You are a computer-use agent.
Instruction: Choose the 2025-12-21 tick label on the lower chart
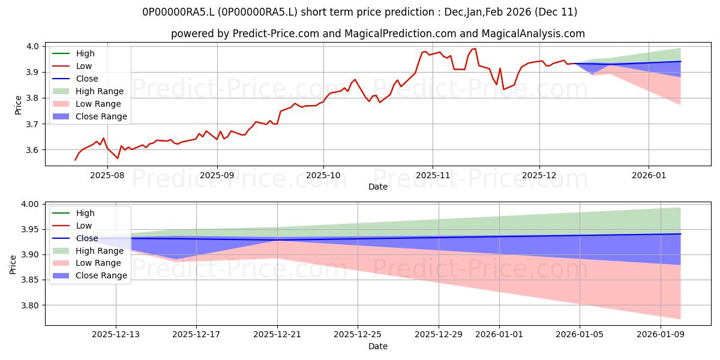coord(277,334)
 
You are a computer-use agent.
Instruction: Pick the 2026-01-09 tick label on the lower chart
coord(660,334)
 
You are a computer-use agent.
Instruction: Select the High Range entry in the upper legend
coord(100,91)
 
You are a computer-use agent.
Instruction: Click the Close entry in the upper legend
coord(87,79)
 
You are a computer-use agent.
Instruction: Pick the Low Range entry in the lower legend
coord(98,263)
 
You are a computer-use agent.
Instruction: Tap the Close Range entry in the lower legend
coord(101,275)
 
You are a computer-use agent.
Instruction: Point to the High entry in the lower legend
coord(85,213)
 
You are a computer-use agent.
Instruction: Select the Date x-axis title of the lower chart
coord(378,346)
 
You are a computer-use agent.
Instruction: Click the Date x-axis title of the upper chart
coord(378,187)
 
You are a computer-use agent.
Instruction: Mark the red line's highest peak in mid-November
coord(475,49)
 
